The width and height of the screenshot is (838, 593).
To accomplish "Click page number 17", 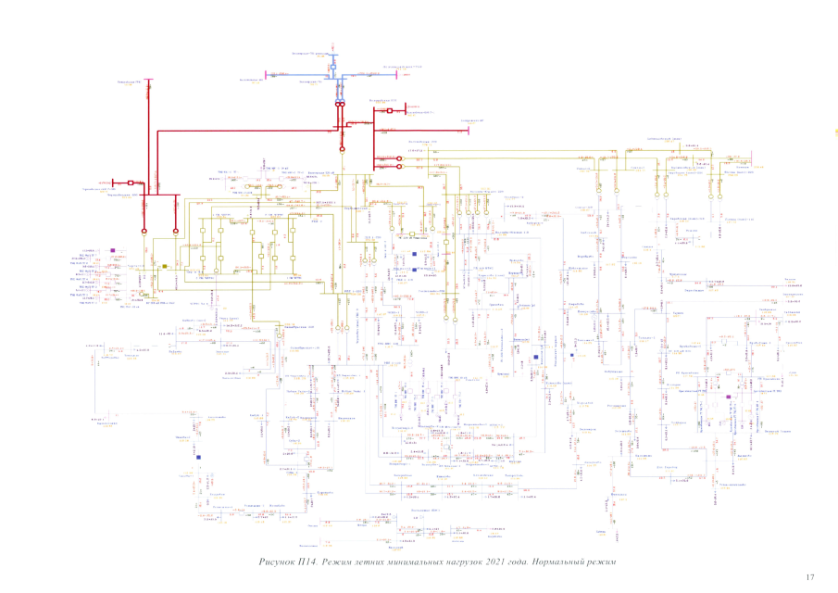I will pos(809,577).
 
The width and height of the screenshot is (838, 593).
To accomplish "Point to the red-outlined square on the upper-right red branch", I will pos(390,111).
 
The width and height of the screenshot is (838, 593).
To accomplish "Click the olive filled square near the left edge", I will pos(164,266).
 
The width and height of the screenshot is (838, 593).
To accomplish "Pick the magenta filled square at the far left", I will pos(112,250).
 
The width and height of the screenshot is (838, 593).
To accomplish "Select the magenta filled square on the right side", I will pos(729,397).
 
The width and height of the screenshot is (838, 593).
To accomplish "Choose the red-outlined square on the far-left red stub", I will pos(131,183).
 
